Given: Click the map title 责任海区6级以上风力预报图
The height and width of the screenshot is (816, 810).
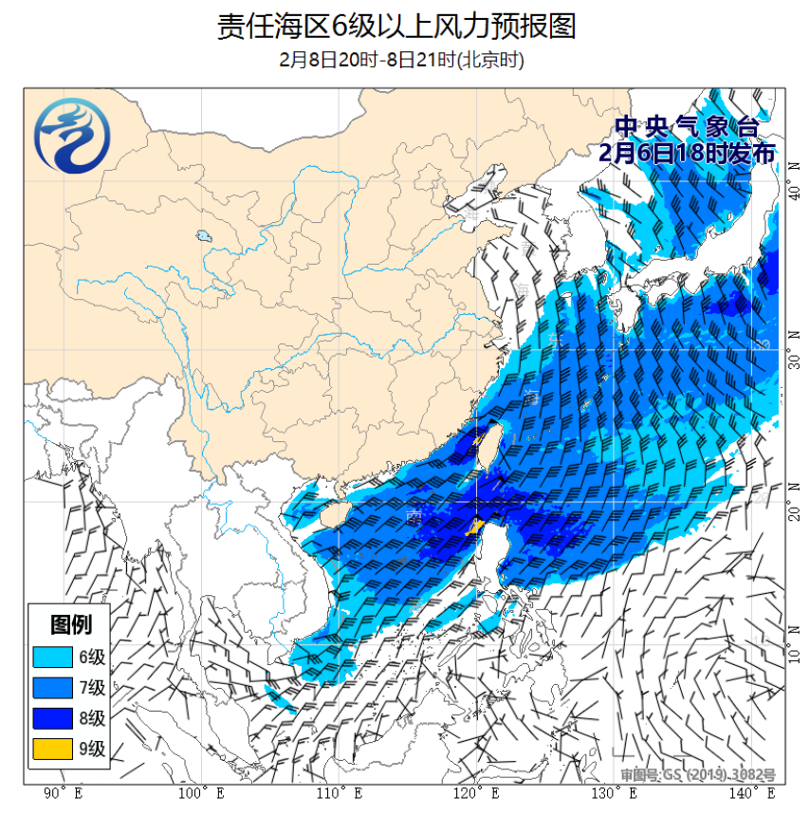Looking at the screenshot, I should point(396,26).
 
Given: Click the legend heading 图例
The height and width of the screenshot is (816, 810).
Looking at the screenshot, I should point(71,624).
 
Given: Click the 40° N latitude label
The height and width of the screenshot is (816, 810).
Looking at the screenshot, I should point(794,192).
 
